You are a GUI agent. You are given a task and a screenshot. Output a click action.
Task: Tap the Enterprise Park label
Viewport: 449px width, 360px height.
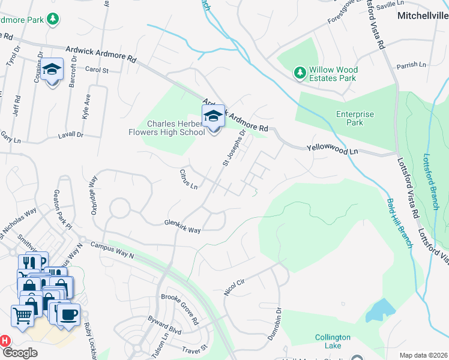coord(355,118)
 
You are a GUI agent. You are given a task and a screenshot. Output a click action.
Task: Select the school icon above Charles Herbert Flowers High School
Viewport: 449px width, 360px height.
coord(212,116)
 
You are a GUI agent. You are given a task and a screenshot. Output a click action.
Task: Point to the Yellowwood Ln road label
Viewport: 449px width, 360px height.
coord(332,149)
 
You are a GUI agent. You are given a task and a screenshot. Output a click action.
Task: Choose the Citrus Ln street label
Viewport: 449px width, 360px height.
coord(188,179)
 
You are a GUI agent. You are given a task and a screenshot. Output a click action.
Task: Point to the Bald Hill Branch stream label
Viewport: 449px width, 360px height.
coord(399,223)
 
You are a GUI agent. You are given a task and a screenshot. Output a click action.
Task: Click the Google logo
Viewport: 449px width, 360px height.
coord(20,353)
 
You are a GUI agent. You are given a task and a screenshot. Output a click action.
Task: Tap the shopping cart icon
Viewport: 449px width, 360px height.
coord(22,314)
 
